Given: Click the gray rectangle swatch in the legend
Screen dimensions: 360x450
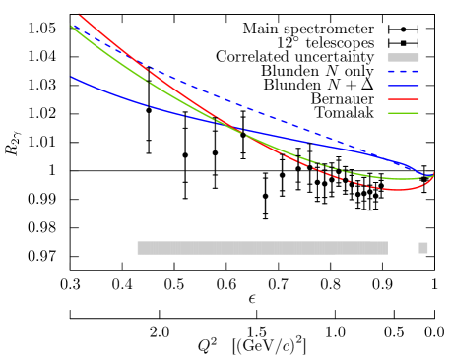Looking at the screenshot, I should (403, 57).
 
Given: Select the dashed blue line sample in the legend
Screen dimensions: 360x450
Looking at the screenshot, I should (403, 72).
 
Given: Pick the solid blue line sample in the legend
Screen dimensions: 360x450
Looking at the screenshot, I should (403, 86).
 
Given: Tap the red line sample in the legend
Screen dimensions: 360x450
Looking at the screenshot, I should (403, 99).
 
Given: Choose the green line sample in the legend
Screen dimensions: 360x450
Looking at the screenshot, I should (403, 113).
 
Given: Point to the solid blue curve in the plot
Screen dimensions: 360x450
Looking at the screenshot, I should (148, 104).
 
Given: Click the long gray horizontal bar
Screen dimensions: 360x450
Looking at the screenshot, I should (262, 248).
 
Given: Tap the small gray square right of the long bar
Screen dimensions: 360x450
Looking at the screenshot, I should (423, 248).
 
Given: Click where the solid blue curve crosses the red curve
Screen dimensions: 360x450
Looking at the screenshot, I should (239, 131).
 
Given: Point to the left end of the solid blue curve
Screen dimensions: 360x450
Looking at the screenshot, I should (71, 77).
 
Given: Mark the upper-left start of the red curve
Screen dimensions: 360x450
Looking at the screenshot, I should (79, 15).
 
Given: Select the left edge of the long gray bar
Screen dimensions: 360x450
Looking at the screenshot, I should (138, 248).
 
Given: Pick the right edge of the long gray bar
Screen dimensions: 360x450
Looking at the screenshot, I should (387, 248).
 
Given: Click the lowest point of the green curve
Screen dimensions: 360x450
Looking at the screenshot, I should (399, 179).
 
